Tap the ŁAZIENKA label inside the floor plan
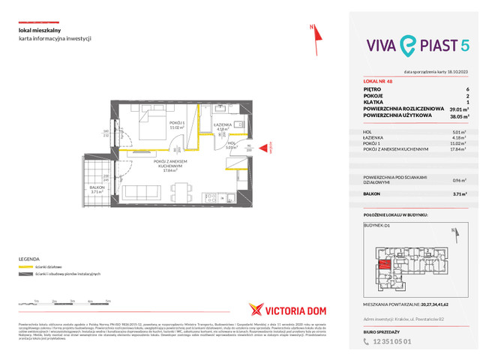point(221,124)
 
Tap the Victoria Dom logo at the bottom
point(283,308)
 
